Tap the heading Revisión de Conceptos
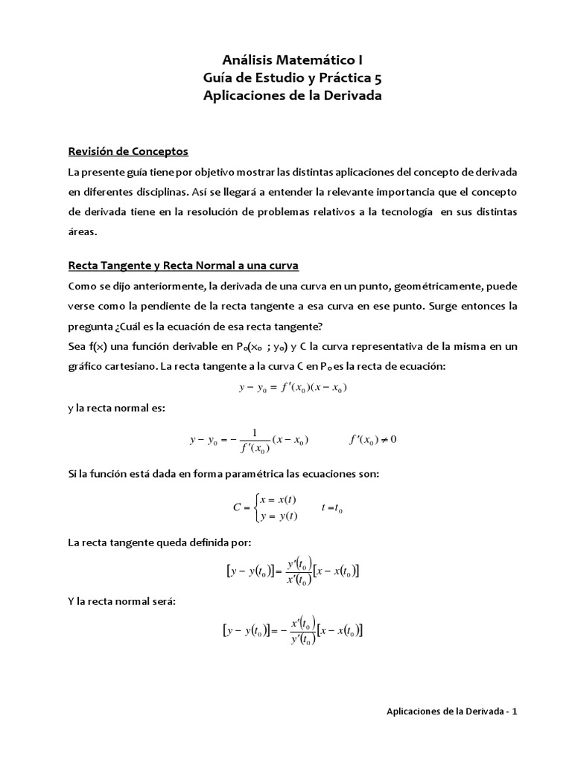coord(128,152)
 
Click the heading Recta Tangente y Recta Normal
coord(183,266)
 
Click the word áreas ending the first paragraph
coord(82,231)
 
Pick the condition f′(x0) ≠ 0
coord(374,439)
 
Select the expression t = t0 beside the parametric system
coord(332,508)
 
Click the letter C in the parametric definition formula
coord(237,508)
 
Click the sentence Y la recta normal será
coord(121,601)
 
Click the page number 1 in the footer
coord(514,711)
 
